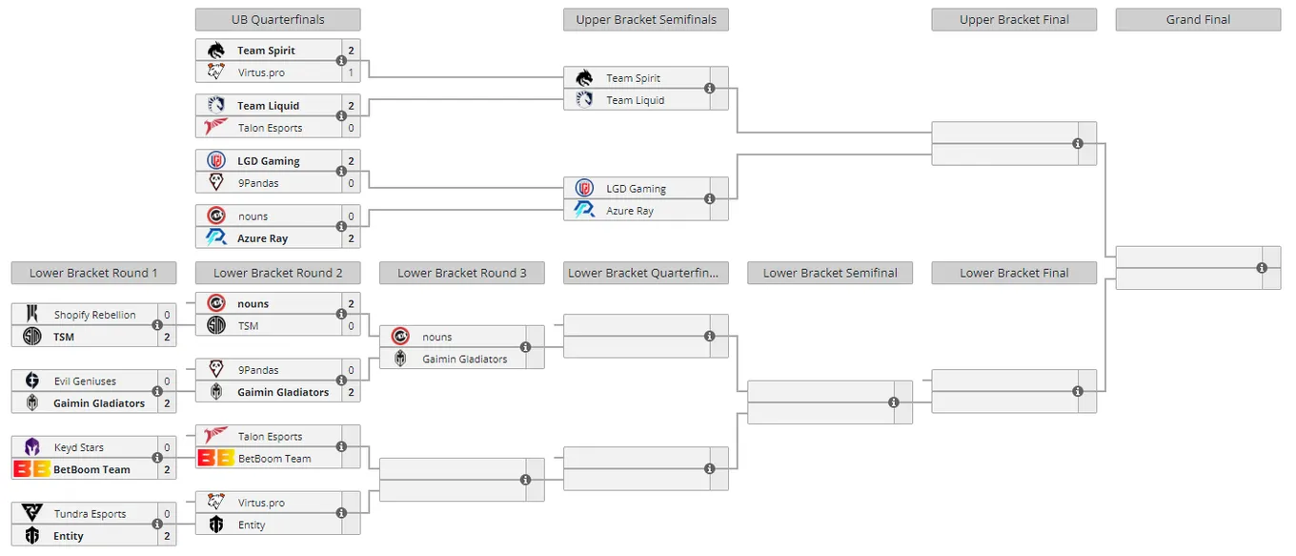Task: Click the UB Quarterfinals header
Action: tap(277, 20)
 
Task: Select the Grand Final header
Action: tap(1198, 20)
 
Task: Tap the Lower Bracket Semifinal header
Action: tap(830, 273)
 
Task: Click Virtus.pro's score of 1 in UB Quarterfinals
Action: tap(351, 72)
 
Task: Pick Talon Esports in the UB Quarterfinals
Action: tap(270, 128)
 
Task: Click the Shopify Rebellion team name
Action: tap(95, 315)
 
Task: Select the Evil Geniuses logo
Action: tap(32, 381)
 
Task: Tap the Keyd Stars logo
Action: tap(32, 446)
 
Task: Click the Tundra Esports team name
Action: tap(90, 514)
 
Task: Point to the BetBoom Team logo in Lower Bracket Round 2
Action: tap(215, 458)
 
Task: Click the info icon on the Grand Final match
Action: tap(1262, 268)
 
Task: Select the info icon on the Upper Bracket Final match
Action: tap(1077, 144)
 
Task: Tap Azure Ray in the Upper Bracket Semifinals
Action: tap(630, 211)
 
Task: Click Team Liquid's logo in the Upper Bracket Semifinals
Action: tap(584, 99)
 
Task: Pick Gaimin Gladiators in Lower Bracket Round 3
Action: tap(465, 360)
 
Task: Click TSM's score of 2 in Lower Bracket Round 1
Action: tap(167, 337)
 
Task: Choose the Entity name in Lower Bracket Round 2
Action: tap(252, 525)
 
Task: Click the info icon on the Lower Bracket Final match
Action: tap(1077, 392)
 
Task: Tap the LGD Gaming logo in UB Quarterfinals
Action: tap(216, 160)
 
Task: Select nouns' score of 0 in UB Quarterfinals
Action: tap(351, 216)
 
